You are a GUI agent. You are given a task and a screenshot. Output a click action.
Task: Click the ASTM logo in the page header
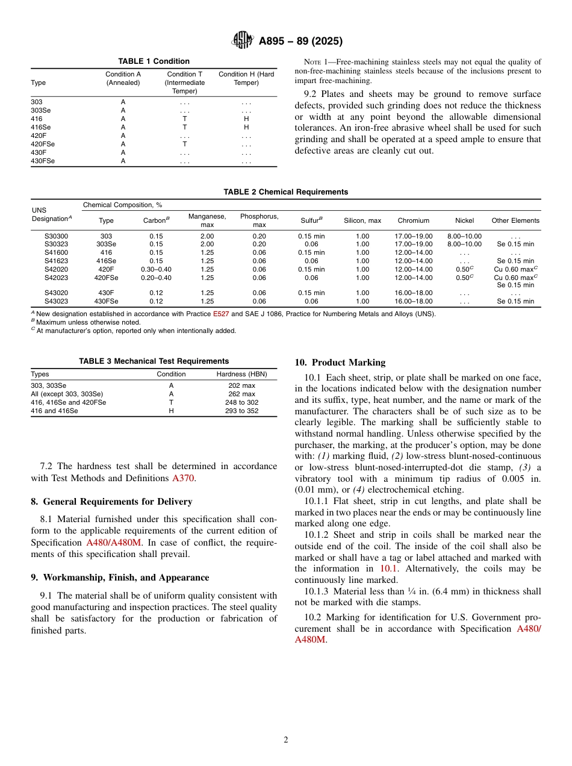[243, 41]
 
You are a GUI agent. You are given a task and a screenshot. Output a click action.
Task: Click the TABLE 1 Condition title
[154, 61]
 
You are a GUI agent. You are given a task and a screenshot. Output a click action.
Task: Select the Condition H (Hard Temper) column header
[246, 78]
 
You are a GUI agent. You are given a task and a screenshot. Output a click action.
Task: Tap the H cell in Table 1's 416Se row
[246, 128]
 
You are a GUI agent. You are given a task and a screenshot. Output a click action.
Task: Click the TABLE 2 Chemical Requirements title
[285, 192]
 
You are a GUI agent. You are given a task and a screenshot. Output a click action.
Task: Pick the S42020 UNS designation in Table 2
[57, 269]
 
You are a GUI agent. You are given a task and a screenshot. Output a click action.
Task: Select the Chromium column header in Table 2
[413, 220]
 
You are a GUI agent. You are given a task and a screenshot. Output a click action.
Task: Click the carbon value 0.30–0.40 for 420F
[156, 269]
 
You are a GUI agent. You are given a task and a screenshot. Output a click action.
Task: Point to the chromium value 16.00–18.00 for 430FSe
[413, 301]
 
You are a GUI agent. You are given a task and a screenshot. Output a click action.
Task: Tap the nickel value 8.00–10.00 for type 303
[464, 236]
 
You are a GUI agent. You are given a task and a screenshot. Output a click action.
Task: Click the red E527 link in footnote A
[221, 314]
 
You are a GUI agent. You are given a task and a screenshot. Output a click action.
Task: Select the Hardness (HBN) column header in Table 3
[241, 374]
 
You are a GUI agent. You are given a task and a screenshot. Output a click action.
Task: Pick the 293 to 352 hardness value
[241, 411]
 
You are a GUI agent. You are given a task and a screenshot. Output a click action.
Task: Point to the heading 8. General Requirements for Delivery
[111, 502]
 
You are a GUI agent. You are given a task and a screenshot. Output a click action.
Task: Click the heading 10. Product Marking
[340, 363]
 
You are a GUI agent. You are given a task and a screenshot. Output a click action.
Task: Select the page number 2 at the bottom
[286, 740]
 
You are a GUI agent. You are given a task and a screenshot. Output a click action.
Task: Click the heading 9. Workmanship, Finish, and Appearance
[120, 578]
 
